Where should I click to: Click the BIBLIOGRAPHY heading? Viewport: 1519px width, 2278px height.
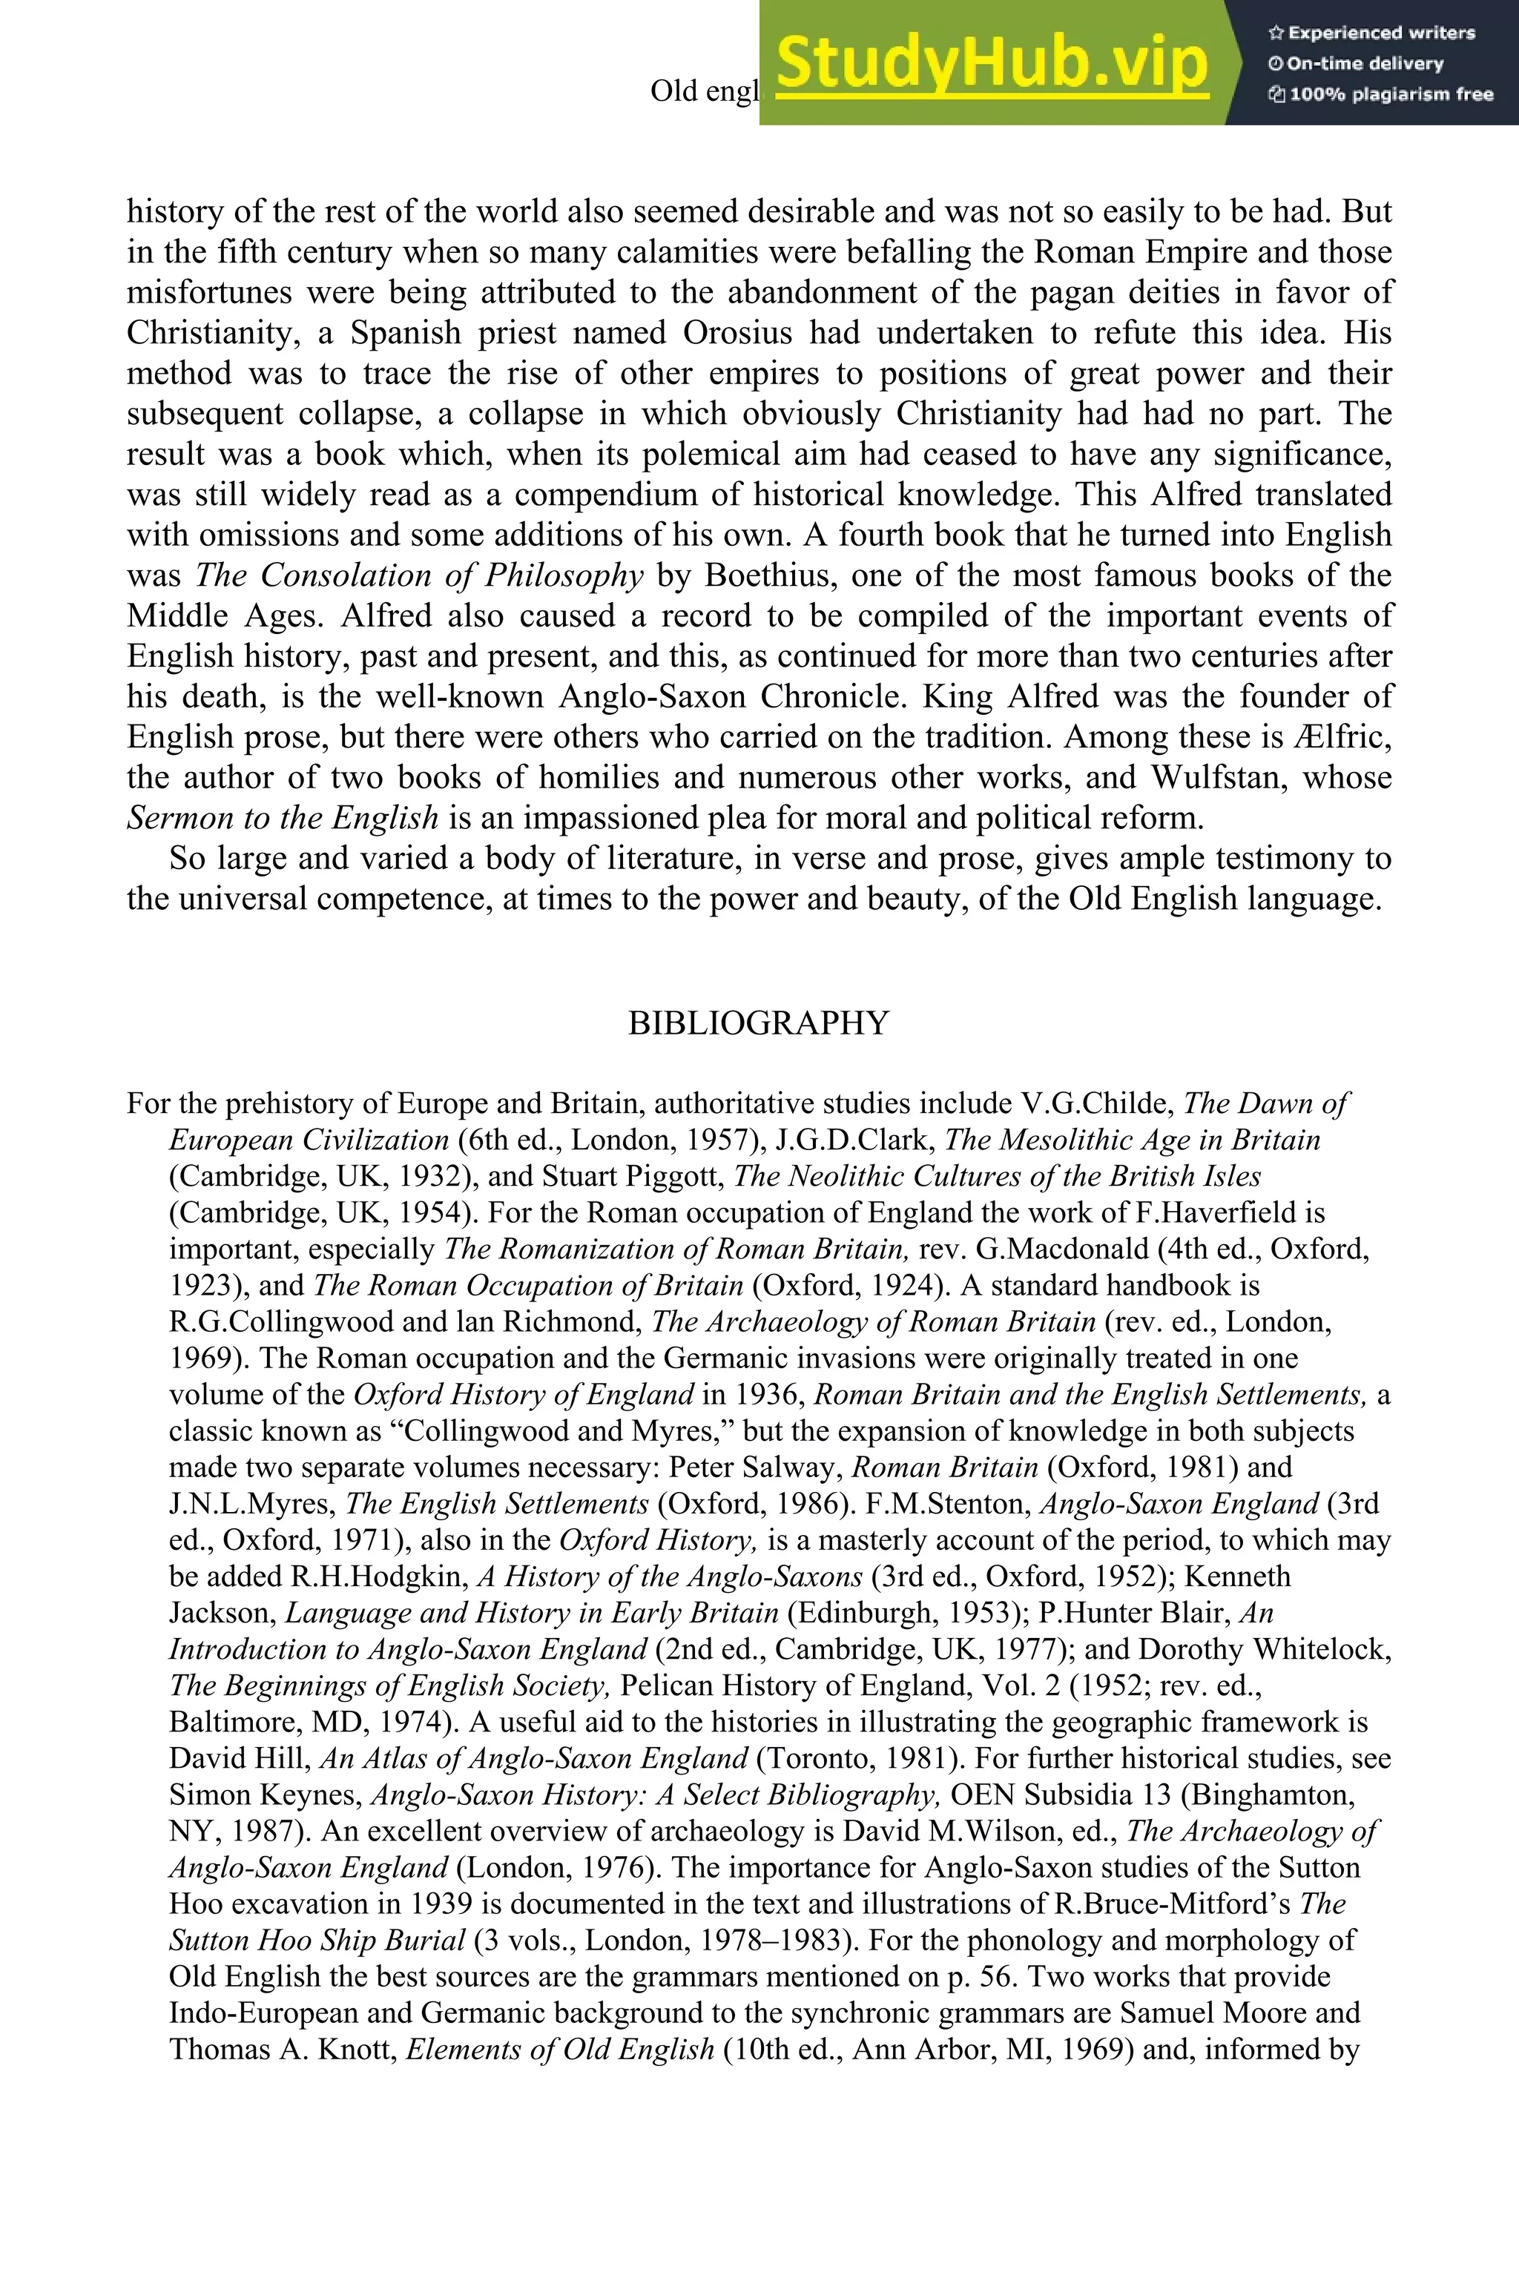759,1023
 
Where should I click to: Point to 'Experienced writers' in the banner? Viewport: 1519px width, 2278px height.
1371,33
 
